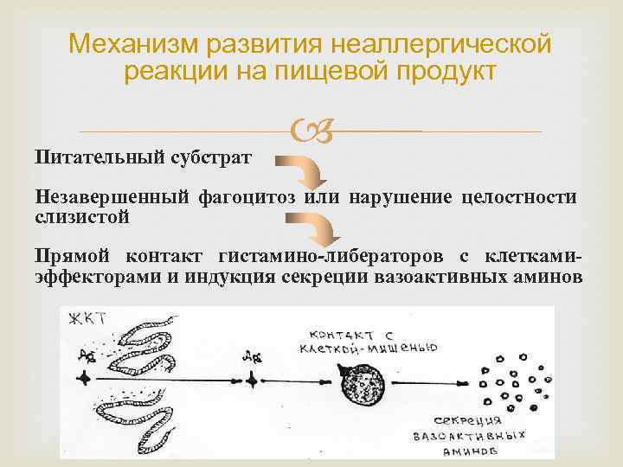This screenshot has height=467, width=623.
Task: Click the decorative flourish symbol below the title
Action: coord(311,131)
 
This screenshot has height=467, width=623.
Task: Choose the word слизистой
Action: coord(83,216)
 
